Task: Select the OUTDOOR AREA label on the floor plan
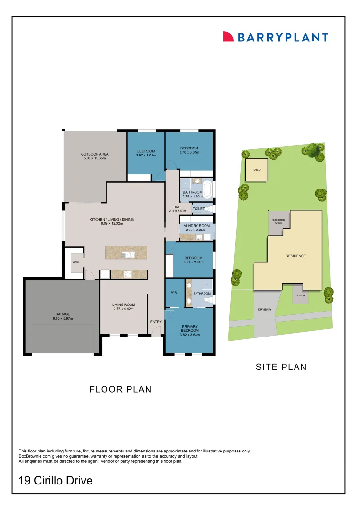pos(95,154)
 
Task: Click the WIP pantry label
pos(75,262)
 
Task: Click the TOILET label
pos(198,208)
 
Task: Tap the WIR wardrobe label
pos(173,293)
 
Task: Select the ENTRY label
pos(155,322)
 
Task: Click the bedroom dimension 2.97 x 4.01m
pos(146,156)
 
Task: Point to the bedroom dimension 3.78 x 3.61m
pos(189,152)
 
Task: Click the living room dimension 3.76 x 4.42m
pos(123,309)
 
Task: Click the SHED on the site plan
pos(257,169)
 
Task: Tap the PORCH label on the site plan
pos(300,296)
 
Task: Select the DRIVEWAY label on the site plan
pos(265,310)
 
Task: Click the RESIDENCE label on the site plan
pos(296,256)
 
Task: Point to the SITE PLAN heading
pos(281,367)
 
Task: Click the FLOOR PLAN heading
pos(121,389)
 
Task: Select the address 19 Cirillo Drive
pos(55,481)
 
